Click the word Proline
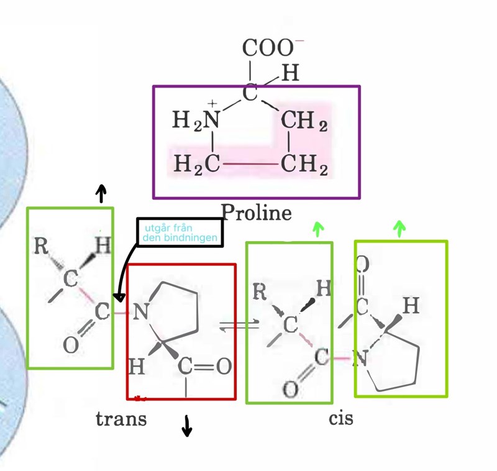[257, 213]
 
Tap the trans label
[121, 419]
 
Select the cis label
[341, 418]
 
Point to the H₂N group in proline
[197, 121]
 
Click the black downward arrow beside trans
[186, 427]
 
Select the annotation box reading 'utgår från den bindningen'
[179, 232]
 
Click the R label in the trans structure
[41, 246]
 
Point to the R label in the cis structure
[260, 290]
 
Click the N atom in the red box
[140, 313]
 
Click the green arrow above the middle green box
[318, 230]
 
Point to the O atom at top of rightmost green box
[363, 264]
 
